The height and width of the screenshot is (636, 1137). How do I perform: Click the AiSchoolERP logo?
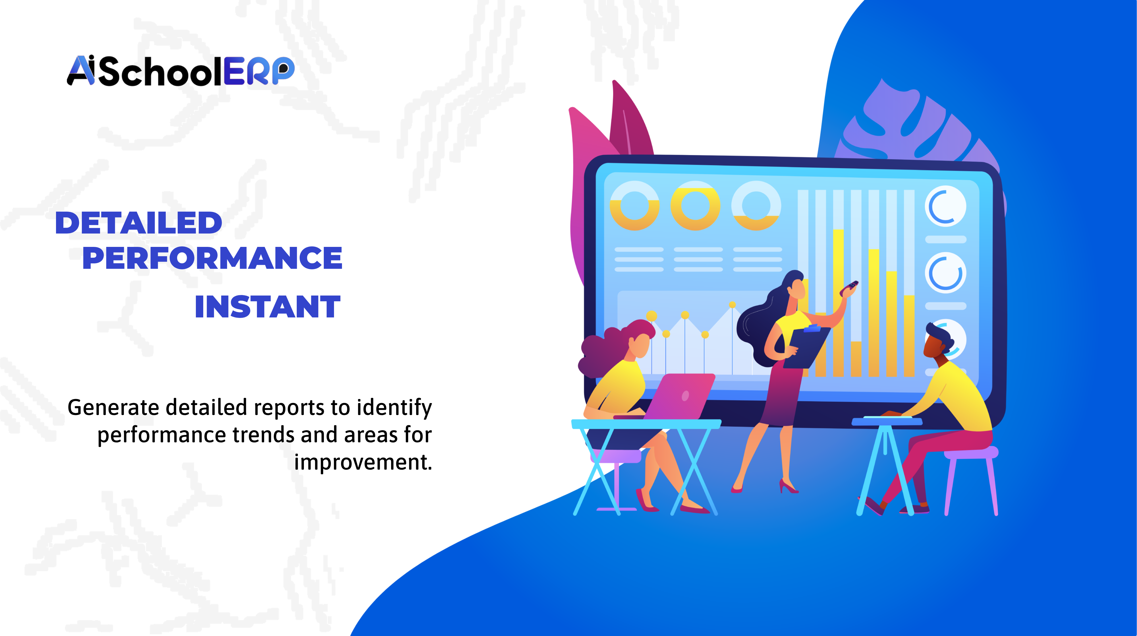tap(180, 71)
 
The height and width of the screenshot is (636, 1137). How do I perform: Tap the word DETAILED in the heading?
tap(139, 223)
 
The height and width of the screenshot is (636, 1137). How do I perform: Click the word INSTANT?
tap(267, 307)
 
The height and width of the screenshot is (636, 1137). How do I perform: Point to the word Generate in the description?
tap(113, 407)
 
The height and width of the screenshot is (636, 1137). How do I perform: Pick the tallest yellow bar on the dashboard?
tap(838, 303)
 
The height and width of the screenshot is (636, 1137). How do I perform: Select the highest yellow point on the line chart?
tap(732, 305)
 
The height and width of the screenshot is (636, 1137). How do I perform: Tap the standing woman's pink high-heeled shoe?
tap(788, 486)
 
